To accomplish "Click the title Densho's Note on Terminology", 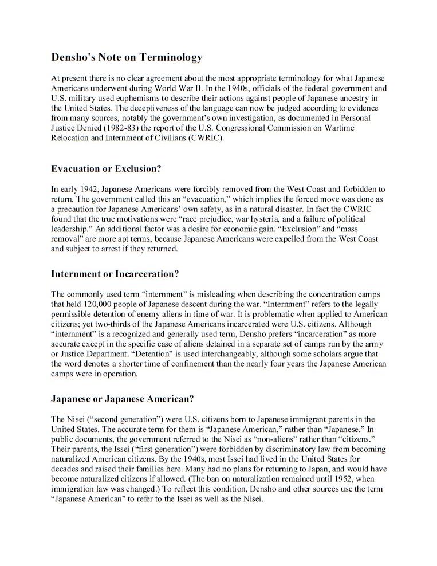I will click(127, 57).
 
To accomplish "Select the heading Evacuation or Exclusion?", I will click(106, 169).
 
